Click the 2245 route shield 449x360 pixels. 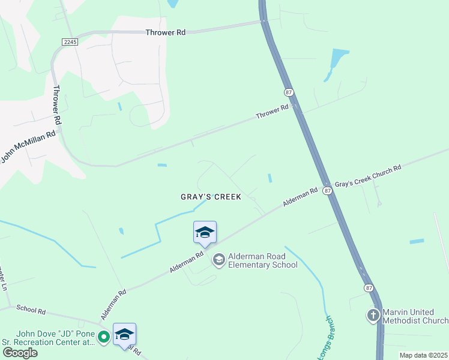pyautogui.click(x=70, y=40)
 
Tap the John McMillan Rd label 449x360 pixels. pyautogui.click(x=28, y=146)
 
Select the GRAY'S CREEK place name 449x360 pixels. pyautogui.click(x=211, y=197)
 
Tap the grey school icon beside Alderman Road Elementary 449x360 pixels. pyautogui.click(x=218, y=259)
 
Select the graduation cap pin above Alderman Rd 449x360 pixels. pyautogui.click(x=205, y=232)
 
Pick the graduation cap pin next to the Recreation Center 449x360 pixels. pyautogui.click(x=124, y=334)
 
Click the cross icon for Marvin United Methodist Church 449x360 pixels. pyautogui.click(x=373, y=315)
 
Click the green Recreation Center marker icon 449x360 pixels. pyautogui.click(x=104, y=337)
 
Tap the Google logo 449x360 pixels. pyautogui.click(x=20, y=352)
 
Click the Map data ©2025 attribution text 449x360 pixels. pyautogui.click(x=423, y=355)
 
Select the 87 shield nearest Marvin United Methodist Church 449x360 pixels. pyautogui.click(x=368, y=288)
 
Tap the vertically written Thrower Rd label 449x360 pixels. pyautogui.click(x=58, y=105)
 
